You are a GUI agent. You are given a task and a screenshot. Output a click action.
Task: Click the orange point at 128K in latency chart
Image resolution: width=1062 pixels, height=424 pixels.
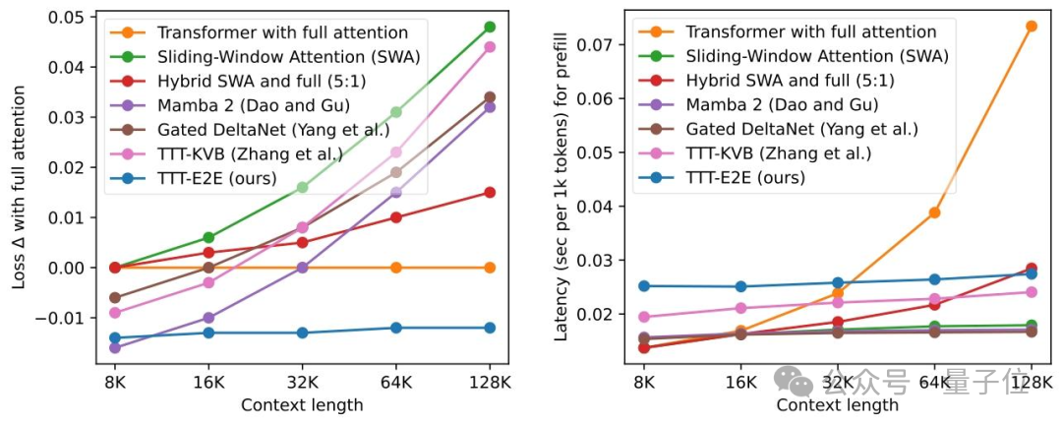coord(1031,27)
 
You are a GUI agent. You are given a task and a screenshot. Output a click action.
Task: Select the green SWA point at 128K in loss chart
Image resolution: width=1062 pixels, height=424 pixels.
coord(490,27)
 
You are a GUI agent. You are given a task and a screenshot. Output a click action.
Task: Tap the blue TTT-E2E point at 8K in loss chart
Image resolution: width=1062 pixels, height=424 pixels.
coord(114,338)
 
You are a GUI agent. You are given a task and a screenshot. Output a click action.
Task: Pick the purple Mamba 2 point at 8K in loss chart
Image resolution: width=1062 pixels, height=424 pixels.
coord(114,348)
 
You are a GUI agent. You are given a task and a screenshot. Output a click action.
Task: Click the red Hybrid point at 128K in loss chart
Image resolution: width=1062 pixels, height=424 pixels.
coord(490,192)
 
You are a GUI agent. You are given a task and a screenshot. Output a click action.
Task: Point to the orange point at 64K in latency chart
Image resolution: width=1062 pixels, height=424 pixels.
coord(934,212)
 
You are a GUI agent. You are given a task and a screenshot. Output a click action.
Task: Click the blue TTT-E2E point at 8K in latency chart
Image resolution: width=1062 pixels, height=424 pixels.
coord(644,286)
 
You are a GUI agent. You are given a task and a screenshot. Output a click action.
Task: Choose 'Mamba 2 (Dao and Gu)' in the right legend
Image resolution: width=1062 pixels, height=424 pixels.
coord(782,104)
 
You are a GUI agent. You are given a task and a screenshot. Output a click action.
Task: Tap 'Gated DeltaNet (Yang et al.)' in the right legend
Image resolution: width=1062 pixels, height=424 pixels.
coord(801,129)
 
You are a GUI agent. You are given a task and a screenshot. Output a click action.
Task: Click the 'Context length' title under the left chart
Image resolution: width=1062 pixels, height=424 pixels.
coord(302,404)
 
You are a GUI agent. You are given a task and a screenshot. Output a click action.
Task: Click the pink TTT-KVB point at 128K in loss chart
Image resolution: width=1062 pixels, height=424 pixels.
coord(490,47)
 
